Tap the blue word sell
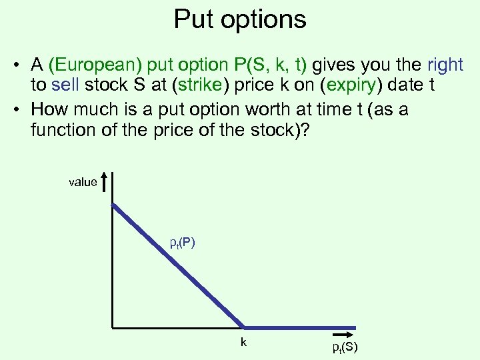(x=63, y=87)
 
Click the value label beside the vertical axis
(x=83, y=182)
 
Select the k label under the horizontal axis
(x=243, y=342)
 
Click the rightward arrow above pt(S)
(x=343, y=336)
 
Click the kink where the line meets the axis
(x=244, y=327)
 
